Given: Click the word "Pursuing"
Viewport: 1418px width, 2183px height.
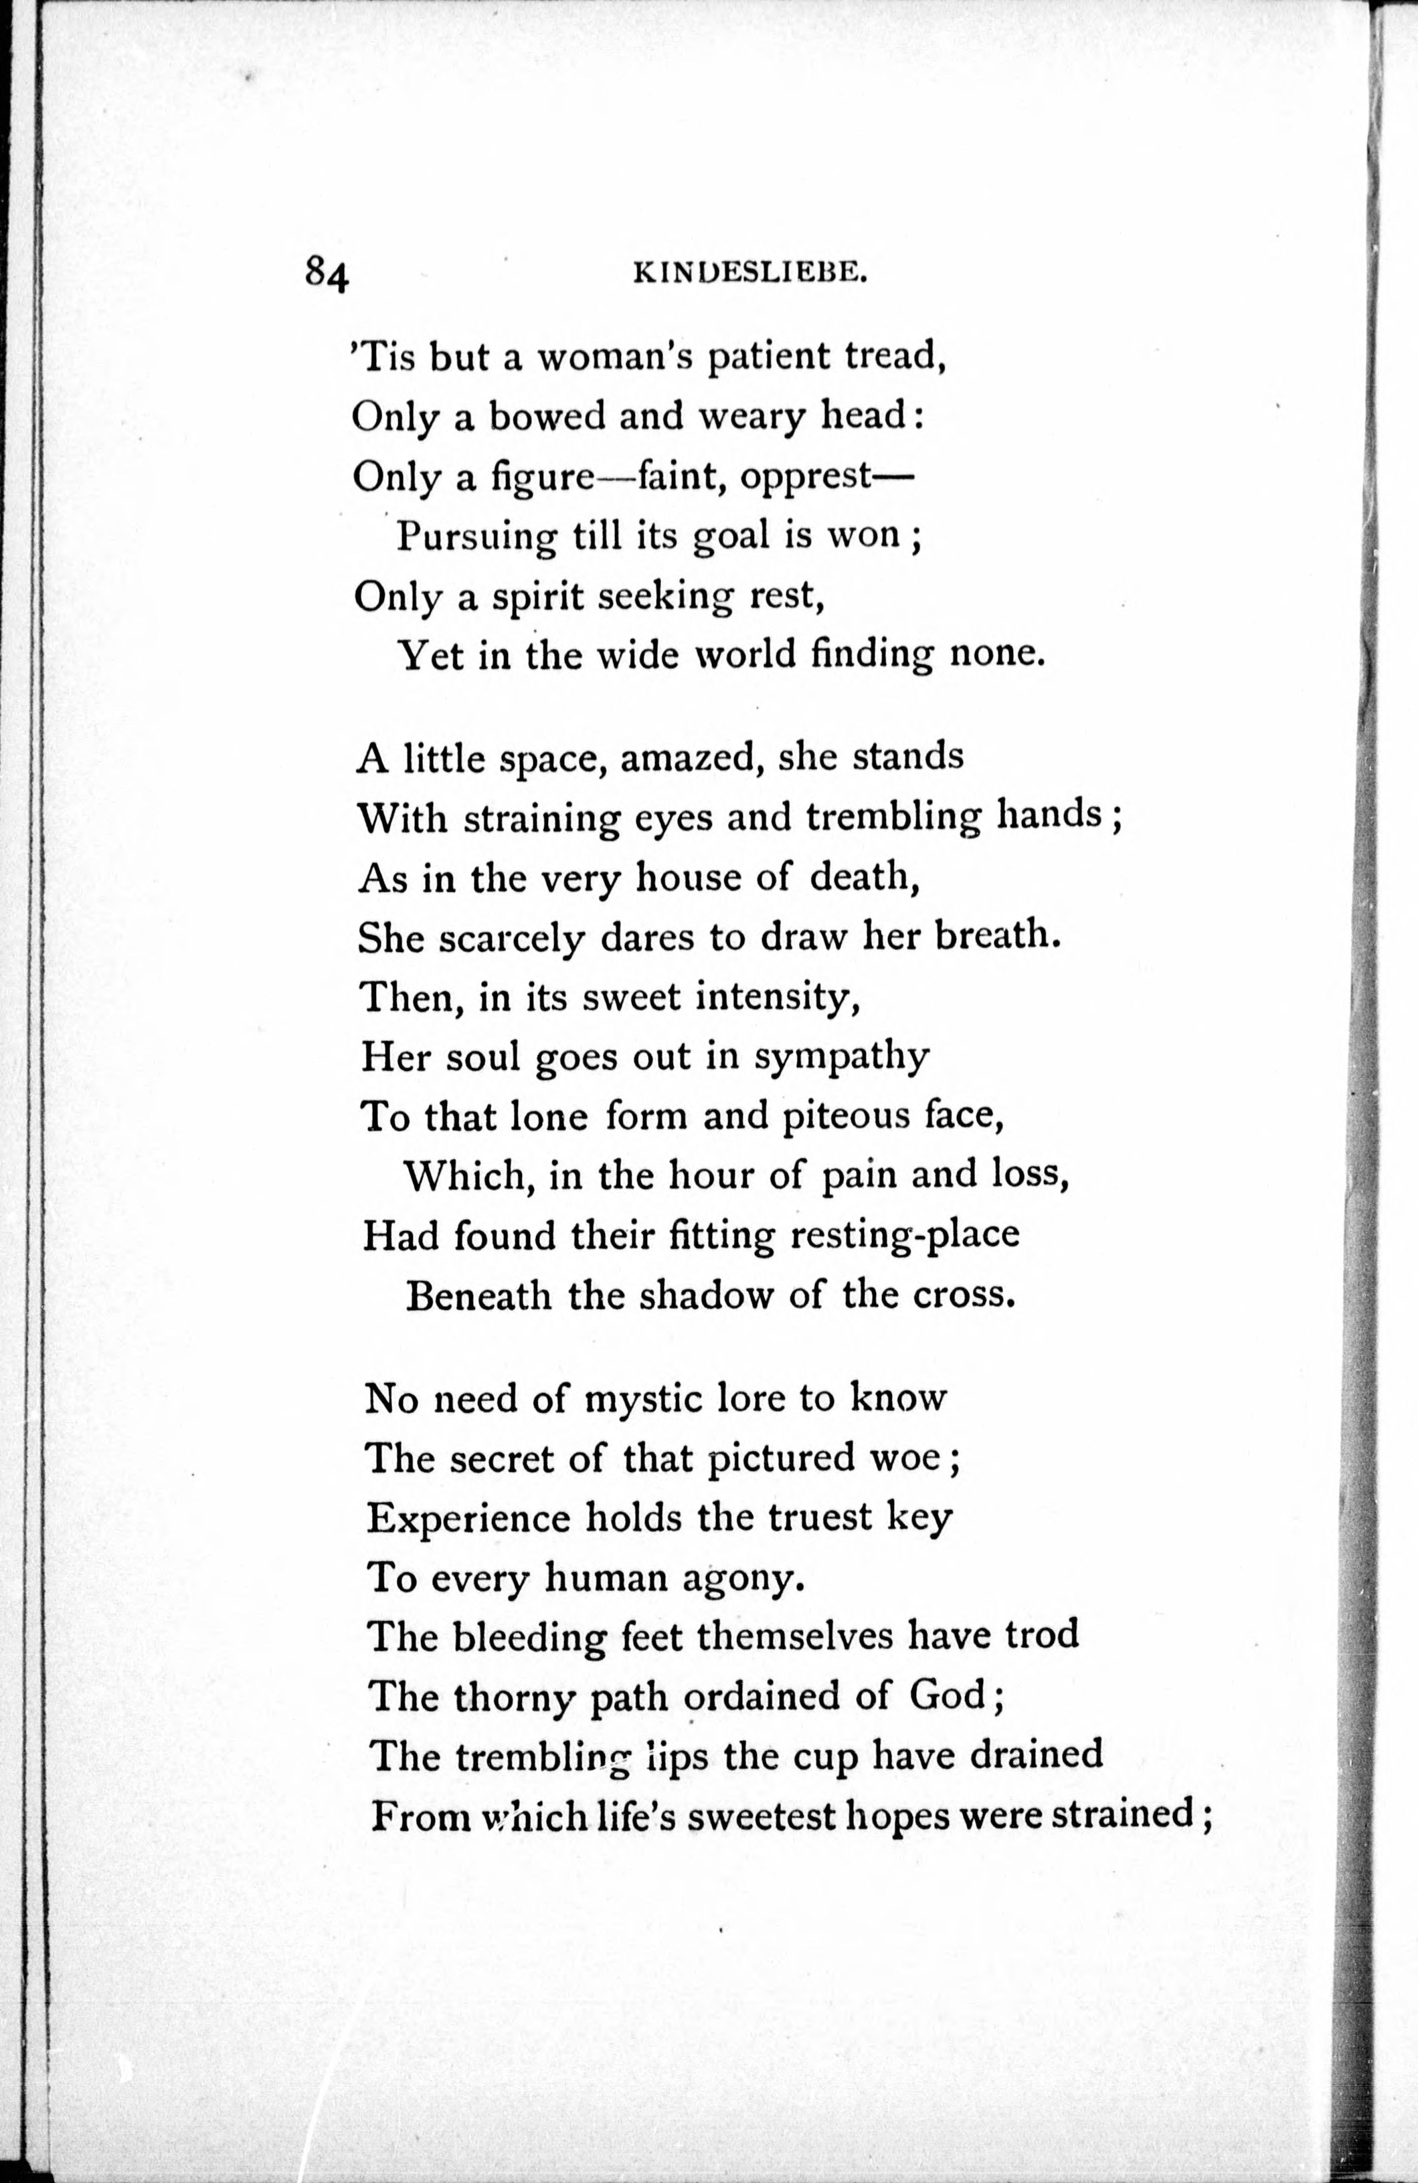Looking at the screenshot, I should tap(476, 536).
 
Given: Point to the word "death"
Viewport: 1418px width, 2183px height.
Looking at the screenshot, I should tap(864, 878).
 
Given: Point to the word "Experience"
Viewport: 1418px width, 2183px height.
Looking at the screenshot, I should tap(468, 1518).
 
